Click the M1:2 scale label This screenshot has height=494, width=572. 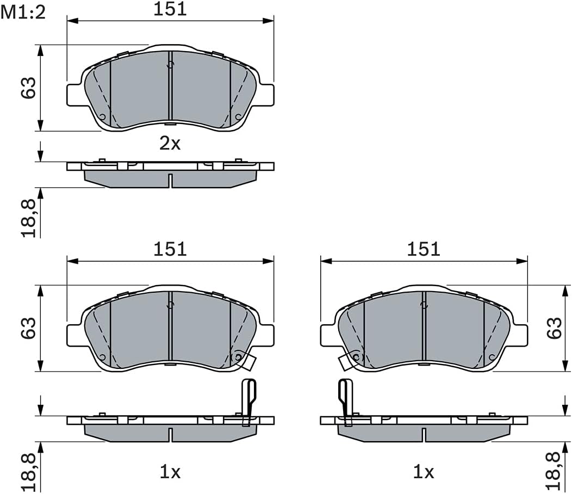pos(23,13)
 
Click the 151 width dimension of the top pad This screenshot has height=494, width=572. pos(170,9)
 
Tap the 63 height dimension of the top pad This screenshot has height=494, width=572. pos(29,88)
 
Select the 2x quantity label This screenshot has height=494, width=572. pos(170,144)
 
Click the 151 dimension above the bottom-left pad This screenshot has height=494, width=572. pos(170,249)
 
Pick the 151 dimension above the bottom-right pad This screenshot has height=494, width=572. pos(424,249)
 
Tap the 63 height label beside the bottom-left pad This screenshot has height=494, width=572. pos(29,328)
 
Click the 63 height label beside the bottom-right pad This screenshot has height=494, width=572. pos(555,328)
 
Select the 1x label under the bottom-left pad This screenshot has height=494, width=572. pos(170,472)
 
